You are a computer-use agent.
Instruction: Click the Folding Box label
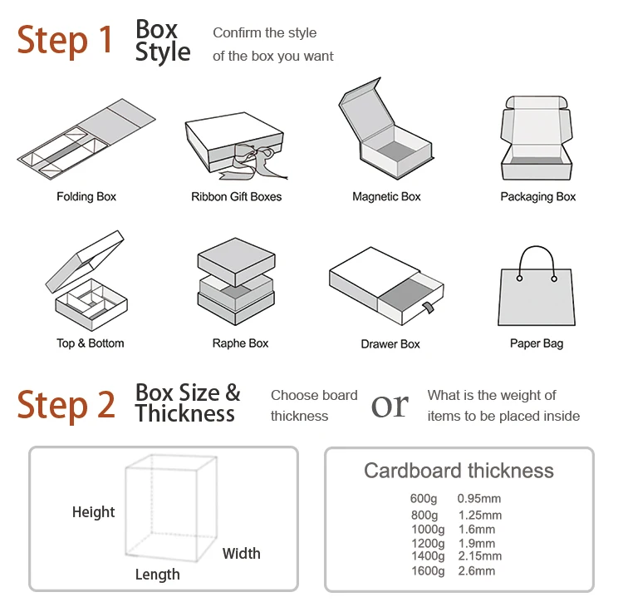click(86, 197)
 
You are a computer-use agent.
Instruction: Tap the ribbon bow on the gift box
click(252, 157)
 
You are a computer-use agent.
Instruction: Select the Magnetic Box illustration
click(386, 133)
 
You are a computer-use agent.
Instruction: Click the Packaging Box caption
click(537, 197)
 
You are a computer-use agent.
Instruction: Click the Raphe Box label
click(240, 343)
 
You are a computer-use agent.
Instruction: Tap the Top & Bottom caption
click(90, 343)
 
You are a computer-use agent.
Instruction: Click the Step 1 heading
click(65, 40)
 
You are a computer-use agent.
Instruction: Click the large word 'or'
click(390, 405)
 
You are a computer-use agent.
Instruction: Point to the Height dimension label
click(93, 512)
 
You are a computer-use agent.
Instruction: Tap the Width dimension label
click(241, 554)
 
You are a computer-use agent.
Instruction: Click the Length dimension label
click(157, 575)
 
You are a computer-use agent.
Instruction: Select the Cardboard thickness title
click(459, 471)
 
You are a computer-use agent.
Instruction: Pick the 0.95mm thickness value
click(479, 499)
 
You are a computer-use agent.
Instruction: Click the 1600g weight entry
click(428, 571)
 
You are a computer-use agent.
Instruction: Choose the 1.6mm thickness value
click(476, 530)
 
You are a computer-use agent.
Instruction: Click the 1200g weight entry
click(428, 543)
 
